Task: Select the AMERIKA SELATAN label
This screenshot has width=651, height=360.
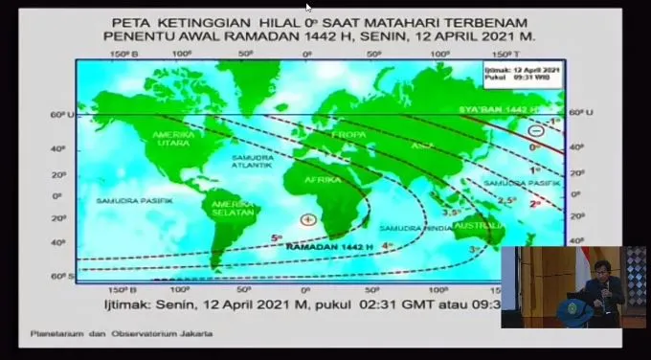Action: pyautogui.click(x=232, y=208)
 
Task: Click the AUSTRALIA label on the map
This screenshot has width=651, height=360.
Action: pyautogui.click(x=476, y=225)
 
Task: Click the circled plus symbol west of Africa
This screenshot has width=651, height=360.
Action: pyautogui.click(x=307, y=219)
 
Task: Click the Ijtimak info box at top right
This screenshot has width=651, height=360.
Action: pyautogui.click(x=523, y=75)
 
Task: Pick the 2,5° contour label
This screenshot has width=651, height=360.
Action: pyautogui.click(x=506, y=199)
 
